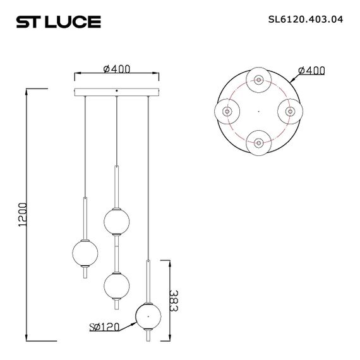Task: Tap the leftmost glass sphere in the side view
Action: click(84, 251)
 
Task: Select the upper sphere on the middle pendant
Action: click(116, 221)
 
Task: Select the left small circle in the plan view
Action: click(227, 111)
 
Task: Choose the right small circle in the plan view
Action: click(290, 111)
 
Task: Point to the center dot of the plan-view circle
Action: click(258, 111)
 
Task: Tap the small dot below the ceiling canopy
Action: click(116, 98)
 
